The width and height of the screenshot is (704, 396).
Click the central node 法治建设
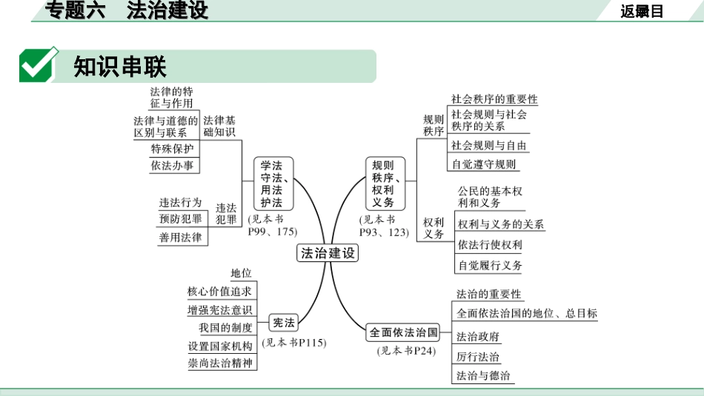pos(328,253)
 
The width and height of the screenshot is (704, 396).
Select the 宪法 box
pos(284,323)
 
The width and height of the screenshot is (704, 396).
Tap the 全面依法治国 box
pos(405,332)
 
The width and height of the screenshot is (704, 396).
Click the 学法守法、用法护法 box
pos(272,184)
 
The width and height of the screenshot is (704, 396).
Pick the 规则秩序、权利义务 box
pos(383,184)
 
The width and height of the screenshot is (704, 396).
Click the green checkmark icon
pos(39,65)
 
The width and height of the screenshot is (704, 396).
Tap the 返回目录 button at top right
pos(642,11)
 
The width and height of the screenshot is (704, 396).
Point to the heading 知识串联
pos(120,67)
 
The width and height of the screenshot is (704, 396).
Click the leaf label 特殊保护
pos(172,148)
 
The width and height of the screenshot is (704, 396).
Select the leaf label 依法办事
pos(172,166)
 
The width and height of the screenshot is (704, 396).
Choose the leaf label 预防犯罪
pos(180,219)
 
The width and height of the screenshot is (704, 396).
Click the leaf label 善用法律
pos(180,238)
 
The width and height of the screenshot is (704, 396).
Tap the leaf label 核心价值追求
pos(219,292)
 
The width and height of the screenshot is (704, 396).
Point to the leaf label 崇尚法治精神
pos(219,363)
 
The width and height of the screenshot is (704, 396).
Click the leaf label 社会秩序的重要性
pos(494,99)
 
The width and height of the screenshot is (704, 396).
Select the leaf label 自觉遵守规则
pos(484,164)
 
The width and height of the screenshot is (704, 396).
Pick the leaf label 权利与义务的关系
pos(501,224)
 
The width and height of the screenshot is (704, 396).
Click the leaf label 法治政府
pos(478,337)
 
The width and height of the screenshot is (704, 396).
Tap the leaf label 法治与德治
pos(483,375)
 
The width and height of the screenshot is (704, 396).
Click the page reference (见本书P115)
pos(293,343)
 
